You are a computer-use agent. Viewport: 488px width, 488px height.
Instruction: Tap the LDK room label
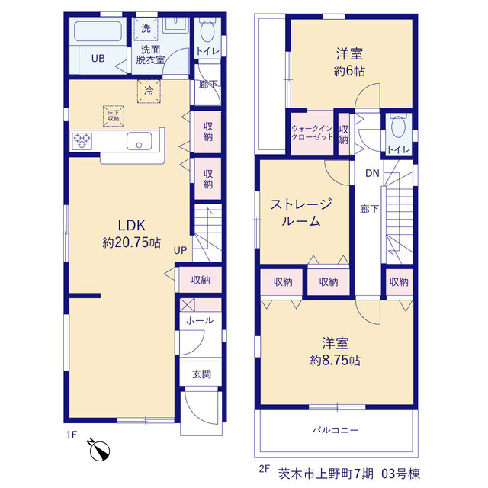[x=132, y=226]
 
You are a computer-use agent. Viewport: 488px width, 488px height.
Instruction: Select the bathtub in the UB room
[x=98, y=31]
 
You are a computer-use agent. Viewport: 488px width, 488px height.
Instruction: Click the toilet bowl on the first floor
[x=207, y=31]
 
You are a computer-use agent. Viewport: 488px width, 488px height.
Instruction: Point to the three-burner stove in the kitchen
[x=82, y=141]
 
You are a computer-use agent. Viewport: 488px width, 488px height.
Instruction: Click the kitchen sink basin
[x=139, y=141]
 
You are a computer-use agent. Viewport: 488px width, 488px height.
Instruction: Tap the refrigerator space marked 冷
[x=149, y=91]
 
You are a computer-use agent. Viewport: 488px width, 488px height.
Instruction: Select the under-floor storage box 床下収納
[x=114, y=116]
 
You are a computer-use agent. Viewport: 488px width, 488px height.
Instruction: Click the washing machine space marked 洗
[x=146, y=29]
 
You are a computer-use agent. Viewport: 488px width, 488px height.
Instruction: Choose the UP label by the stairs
[x=180, y=250]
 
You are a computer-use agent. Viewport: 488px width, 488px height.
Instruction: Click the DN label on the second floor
[x=372, y=173]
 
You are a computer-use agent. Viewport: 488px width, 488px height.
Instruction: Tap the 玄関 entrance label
[x=201, y=374]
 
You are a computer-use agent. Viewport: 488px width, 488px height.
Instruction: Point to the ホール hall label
[x=200, y=320]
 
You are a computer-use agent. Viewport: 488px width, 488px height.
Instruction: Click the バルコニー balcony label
[x=335, y=430]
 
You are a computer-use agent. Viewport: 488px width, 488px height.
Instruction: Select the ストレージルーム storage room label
[x=301, y=213]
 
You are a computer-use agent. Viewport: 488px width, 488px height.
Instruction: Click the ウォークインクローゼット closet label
[x=312, y=133]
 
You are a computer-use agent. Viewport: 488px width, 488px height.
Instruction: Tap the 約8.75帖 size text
[x=335, y=361]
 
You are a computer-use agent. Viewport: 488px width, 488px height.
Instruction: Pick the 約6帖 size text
[x=349, y=71]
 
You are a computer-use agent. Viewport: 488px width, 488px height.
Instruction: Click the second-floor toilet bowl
[x=398, y=127]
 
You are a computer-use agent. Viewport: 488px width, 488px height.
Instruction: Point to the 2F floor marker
[x=265, y=469]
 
